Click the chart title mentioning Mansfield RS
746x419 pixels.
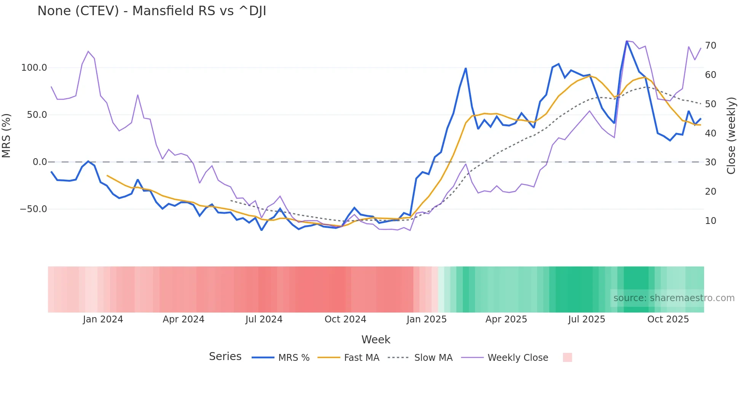(151, 11)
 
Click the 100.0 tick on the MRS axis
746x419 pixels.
(34, 68)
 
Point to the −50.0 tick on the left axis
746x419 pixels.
(33, 209)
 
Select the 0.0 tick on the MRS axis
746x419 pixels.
(40, 162)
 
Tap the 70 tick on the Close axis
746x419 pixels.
(711, 46)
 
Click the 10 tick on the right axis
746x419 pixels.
(711, 221)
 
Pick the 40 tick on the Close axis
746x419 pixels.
(711, 133)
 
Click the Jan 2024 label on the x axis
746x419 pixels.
(103, 319)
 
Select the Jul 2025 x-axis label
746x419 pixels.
(587, 319)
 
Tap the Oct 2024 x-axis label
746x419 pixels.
(345, 319)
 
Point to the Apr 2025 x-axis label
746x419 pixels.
(506, 319)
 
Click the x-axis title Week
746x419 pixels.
(376, 340)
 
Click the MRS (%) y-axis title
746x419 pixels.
(6, 135)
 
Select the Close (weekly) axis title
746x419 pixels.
(731, 135)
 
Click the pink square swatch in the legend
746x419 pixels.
(567, 357)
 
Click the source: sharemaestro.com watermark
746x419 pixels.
(674, 298)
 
